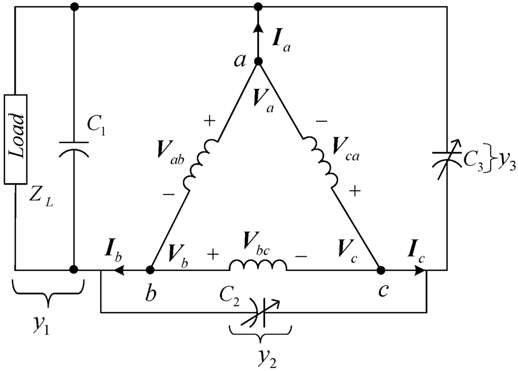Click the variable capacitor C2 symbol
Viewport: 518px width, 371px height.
[262, 312]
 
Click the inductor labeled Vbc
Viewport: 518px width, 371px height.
[258, 265]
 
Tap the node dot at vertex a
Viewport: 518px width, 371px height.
[258, 62]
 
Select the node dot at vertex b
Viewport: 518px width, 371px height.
[150, 270]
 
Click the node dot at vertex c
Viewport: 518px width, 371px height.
[380, 270]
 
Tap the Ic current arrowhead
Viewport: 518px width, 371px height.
[420, 270]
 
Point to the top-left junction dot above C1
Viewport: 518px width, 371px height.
[74, 7]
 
